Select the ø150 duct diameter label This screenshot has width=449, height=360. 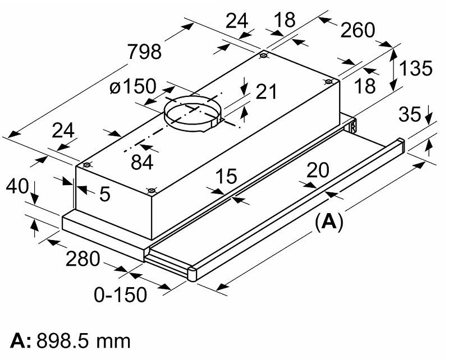pyautogui.click(x=132, y=86)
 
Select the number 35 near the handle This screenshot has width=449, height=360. pyautogui.click(x=410, y=114)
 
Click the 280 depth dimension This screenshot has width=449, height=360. pyautogui.click(x=82, y=259)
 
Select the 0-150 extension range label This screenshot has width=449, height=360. pyautogui.click(x=120, y=294)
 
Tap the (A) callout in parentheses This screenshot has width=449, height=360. pyautogui.click(x=328, y=221)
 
